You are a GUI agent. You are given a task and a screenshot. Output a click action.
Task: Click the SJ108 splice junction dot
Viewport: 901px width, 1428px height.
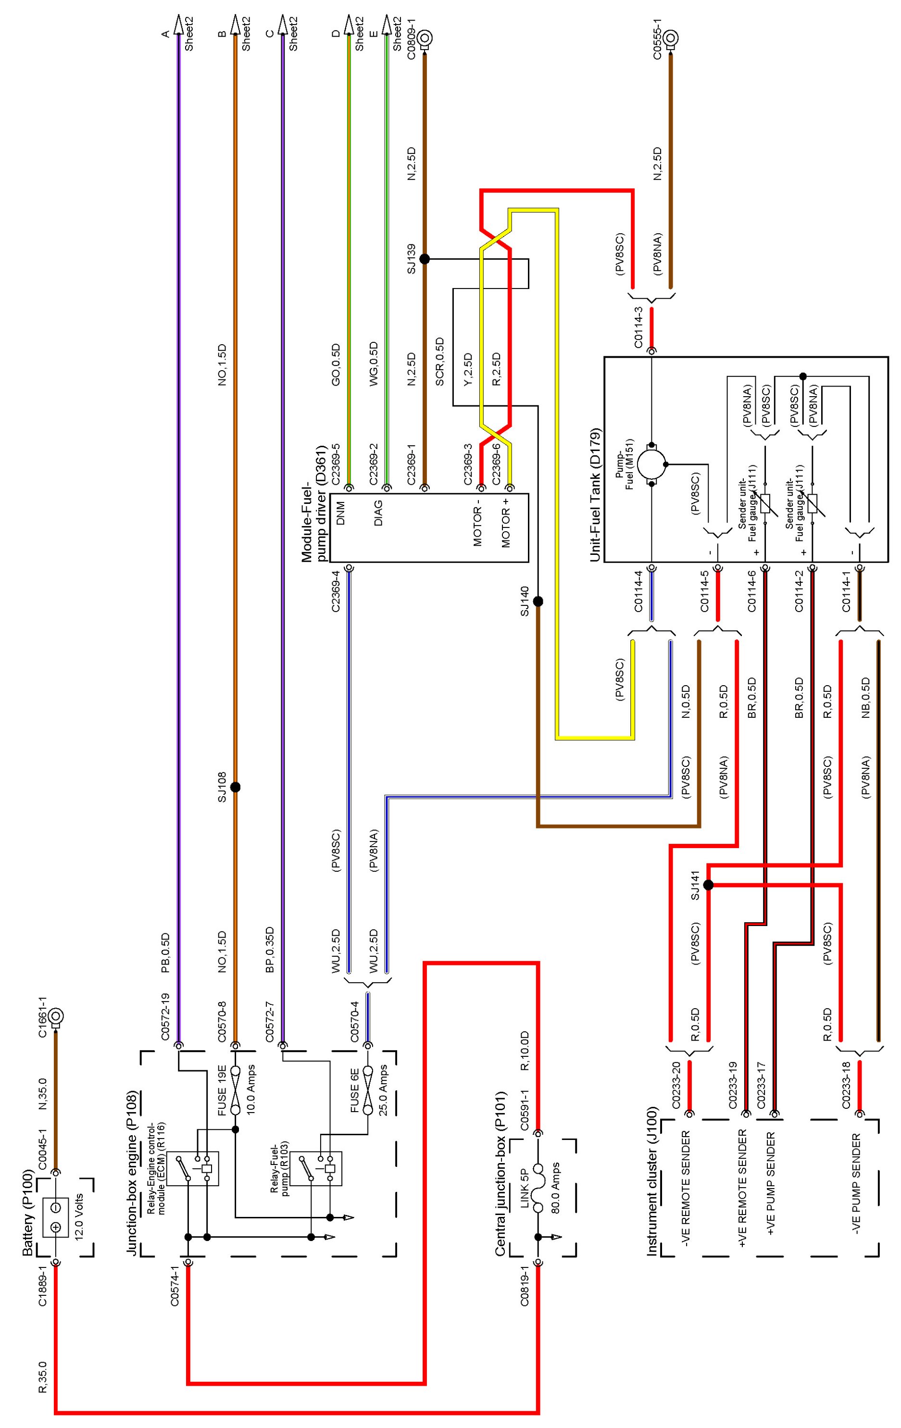tap(235, 787)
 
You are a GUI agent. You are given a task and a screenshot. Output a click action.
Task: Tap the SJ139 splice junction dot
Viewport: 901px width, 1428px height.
tap(424, 259)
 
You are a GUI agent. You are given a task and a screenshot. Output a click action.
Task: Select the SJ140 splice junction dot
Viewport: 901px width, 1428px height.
tap(538, 601)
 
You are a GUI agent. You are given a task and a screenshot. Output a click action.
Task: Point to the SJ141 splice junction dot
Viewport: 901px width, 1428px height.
tap(708, 885)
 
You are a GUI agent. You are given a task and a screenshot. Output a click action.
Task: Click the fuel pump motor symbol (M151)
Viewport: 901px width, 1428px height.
tap(652, 464)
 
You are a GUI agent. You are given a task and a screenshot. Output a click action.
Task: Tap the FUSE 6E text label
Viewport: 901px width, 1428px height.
tap(353, 1090)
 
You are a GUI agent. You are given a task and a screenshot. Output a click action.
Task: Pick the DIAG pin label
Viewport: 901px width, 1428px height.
tap(378, 513)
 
